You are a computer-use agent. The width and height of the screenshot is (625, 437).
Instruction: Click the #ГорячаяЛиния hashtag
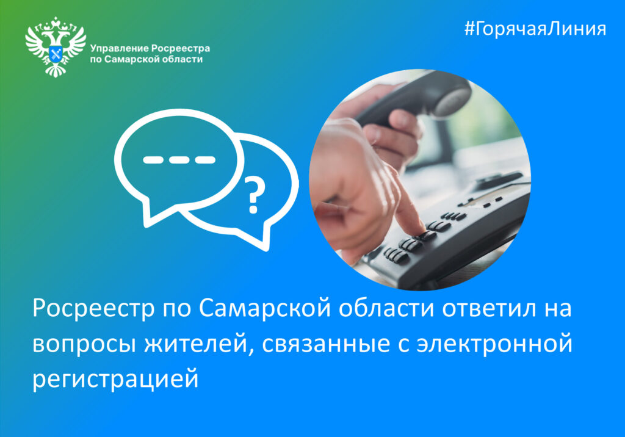pyautogui.click(x=535, y=29)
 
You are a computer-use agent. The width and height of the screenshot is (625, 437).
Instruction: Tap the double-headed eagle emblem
pyautogui.click(x=56, y=46)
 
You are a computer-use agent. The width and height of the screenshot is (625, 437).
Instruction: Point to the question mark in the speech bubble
pyautogui.click(x=254, y=195)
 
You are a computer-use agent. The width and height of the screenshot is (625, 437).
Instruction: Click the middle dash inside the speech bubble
pyautogui.click(x=179, y=160)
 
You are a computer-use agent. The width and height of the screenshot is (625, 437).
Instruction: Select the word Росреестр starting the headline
pyautogui.click(x=93, y=309)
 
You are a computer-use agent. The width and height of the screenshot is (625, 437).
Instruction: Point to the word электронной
pyautogui.click(x=494, y=344)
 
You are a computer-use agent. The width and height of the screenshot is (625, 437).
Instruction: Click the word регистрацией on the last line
pyautogui.click(x=115, y=379)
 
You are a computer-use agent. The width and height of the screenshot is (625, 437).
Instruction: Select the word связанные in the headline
pyautogui.click(x=326, y=344)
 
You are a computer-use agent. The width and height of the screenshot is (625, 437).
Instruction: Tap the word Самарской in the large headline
pyautogui.click(x=265, y=308)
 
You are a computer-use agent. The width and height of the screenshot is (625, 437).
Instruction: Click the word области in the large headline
pyautogui.click(x=386, y=308)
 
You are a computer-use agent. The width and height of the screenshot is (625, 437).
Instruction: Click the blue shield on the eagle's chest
pyautogui.click(x=56, y=54)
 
